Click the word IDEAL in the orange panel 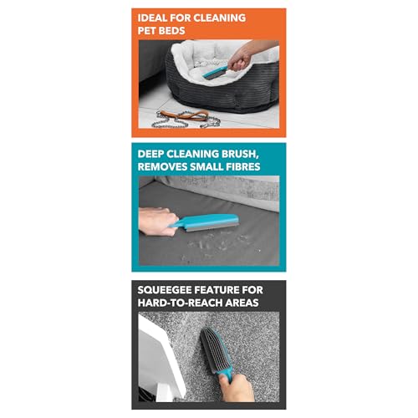[156, 17]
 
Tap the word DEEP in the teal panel [156, 152]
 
